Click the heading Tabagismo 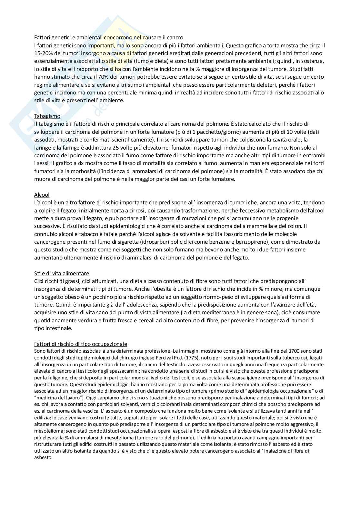[x=47, y=116]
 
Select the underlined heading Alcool [x=42, y=195]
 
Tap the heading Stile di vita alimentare [x=62, y=273]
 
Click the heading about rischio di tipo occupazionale [x=81, y=344]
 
